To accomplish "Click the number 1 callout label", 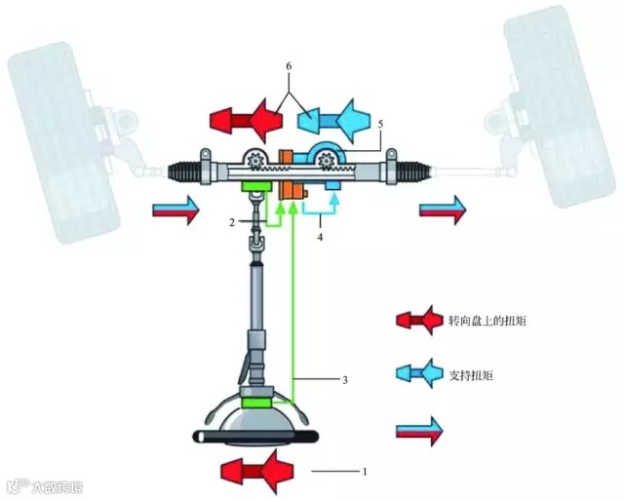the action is [364, 472].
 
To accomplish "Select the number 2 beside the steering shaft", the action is [232, 222].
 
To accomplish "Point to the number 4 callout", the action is [322, 234].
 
